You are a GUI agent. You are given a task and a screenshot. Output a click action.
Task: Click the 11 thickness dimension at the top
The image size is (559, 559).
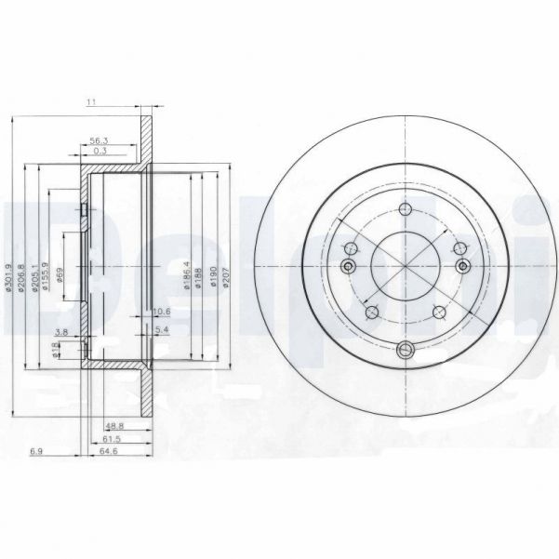pos(92,103)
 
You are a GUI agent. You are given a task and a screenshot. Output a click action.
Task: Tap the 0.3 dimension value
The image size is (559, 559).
pos(99,151)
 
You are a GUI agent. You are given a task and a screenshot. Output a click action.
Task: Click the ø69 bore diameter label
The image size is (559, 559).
pos(60,272)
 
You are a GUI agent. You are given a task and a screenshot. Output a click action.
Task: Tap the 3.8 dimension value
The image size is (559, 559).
pos(61,331)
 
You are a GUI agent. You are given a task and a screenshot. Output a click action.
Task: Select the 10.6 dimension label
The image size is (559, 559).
pos(160,310)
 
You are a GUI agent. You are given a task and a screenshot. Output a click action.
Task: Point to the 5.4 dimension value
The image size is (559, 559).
pos(160,330)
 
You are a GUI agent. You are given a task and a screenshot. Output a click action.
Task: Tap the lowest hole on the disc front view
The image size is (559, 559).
pos(406,350)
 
